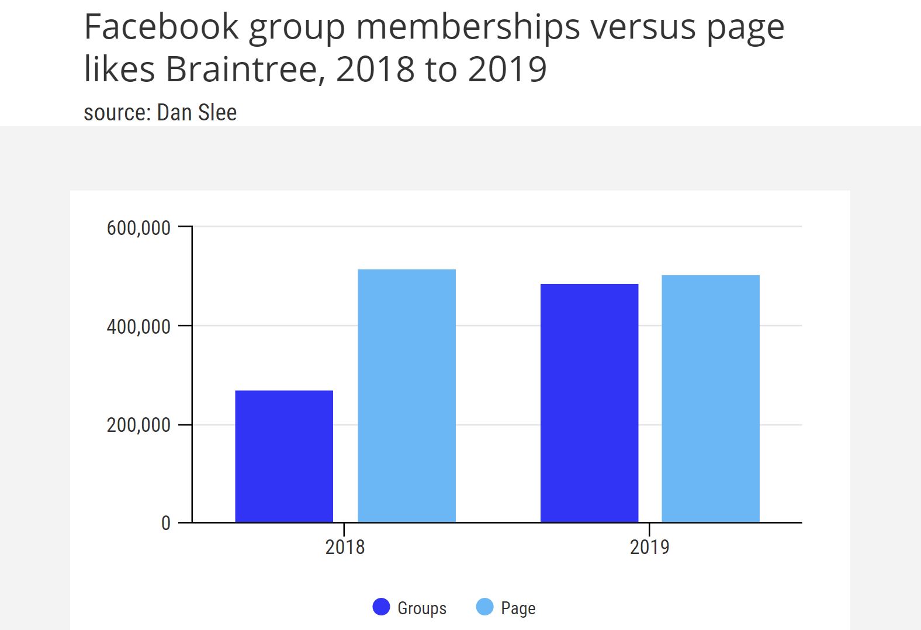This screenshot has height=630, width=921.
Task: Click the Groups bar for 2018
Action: [284, 456]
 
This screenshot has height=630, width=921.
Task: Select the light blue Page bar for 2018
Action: [407, 396]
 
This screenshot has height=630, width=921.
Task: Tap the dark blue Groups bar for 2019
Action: [589, 403]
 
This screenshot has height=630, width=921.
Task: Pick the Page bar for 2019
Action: [711, 399]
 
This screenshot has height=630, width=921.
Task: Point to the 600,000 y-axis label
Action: [139, 228]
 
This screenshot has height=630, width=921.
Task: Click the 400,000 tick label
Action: [139, 327]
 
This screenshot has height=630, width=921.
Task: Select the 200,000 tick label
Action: [139, 425]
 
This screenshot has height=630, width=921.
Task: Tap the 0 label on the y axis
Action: [166, 523]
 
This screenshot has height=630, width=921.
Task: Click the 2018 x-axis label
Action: [345, 547]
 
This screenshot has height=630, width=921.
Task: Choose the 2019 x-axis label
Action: [649, 547]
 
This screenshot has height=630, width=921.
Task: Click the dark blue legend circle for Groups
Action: [381, 607]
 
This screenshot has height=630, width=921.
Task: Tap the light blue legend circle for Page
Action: [485, 607]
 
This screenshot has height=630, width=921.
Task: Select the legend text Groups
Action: [422, 608]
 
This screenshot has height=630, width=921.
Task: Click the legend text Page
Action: [518, 608]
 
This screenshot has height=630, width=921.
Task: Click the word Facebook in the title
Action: [162, 27]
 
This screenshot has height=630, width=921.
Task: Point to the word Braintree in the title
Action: [242, 69]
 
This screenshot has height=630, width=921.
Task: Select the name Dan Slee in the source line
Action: [197, 113]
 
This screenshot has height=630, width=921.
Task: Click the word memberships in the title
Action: [468, 27]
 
